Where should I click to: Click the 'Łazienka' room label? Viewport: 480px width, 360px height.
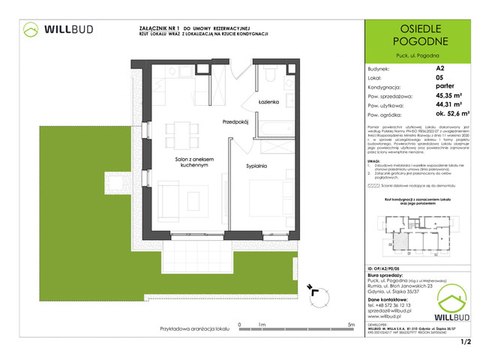coord(267,100)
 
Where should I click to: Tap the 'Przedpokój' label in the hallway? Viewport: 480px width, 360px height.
coord(235,121)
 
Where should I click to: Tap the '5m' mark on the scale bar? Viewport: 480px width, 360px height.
coord(352,325)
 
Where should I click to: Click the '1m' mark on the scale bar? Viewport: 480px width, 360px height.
coord(262,325)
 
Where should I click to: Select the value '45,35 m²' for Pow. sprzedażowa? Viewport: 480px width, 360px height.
coord(449,95)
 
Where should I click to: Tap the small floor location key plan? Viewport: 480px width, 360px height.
coord(416,229)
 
